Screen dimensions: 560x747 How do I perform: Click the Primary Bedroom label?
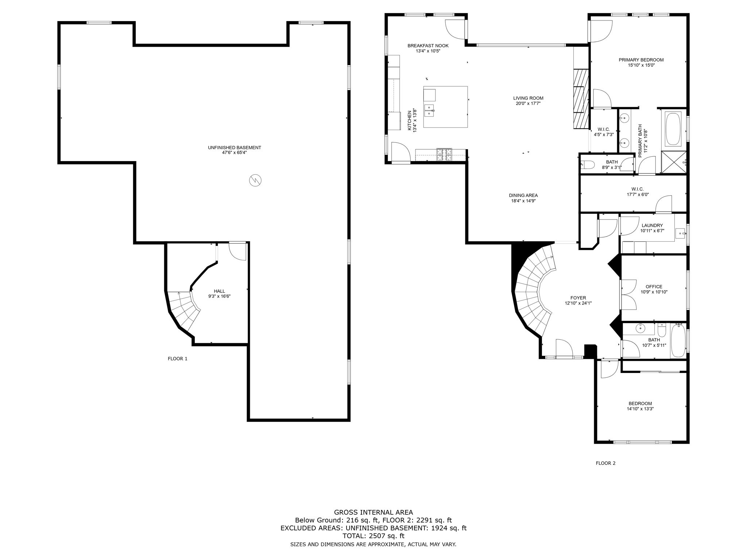641,60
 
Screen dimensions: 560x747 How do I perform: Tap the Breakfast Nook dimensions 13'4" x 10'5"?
428,51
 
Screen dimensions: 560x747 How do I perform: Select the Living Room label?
528,98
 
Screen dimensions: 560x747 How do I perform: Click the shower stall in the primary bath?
673,163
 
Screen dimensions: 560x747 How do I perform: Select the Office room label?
654,287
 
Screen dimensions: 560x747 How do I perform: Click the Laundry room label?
652,225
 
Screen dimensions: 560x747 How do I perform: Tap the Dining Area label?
523,195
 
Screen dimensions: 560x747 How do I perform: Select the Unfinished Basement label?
234,148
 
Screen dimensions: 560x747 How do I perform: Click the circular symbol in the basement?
255,180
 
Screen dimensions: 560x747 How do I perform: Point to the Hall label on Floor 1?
219,291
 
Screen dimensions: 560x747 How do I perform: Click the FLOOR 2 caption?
605,463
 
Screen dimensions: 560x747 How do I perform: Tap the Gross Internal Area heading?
373,512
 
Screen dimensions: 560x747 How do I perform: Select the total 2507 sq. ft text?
373,536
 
